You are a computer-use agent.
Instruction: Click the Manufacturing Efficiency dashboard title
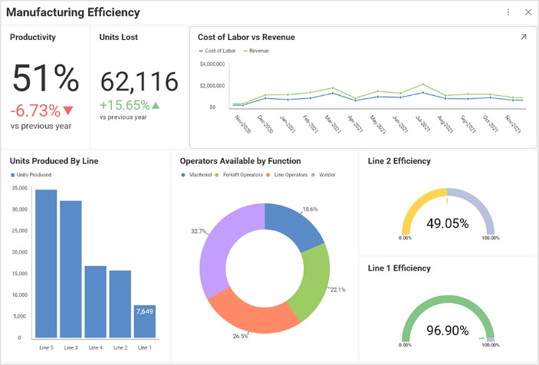[x=74, y=12]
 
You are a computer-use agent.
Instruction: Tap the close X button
[x=527, y=12]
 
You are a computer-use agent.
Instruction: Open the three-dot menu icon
[x=508, y=12]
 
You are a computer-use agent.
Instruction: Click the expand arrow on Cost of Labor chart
[x=524, y=37]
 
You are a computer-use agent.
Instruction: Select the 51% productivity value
[x=45, y=79]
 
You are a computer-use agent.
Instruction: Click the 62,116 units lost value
[x=139, y=81]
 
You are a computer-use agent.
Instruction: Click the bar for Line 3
[x=71, y=268]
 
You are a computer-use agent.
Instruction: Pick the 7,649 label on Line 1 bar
[x=144, y=311]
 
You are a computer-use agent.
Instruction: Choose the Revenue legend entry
[x=258, y=51]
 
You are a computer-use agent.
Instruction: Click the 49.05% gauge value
[x=448, y=223]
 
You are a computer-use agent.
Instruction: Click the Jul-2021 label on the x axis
[x=422, y=123]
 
